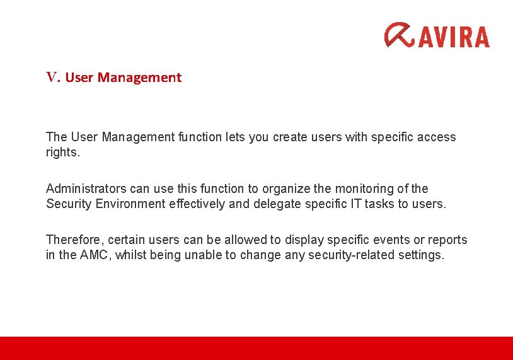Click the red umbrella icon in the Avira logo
(x=400, y=35)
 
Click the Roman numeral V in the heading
(x=52, y=78)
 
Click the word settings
(x=422, y=255)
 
